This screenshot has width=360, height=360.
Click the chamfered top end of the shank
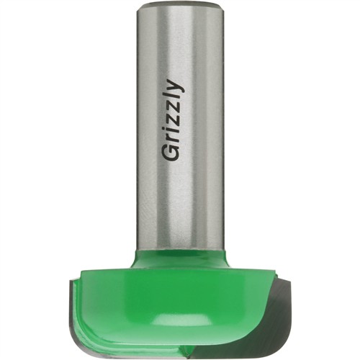tap(181, 4)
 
